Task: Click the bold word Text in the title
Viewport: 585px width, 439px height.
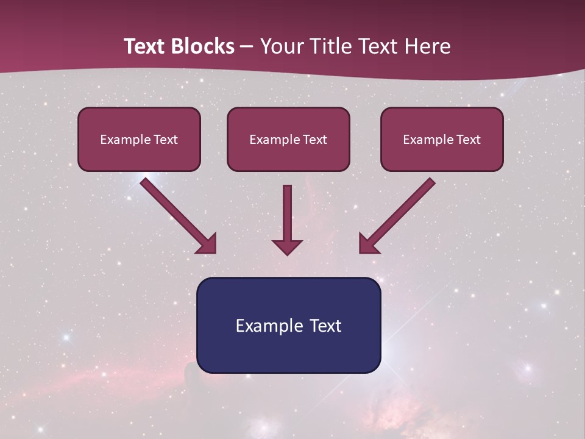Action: point(145,46)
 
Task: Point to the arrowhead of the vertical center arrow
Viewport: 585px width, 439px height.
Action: point(287,247)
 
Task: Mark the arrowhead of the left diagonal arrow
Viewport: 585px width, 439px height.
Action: point(207,243)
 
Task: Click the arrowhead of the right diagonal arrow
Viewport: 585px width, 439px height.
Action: point(368,243)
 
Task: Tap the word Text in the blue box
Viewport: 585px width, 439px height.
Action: point(324,326)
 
